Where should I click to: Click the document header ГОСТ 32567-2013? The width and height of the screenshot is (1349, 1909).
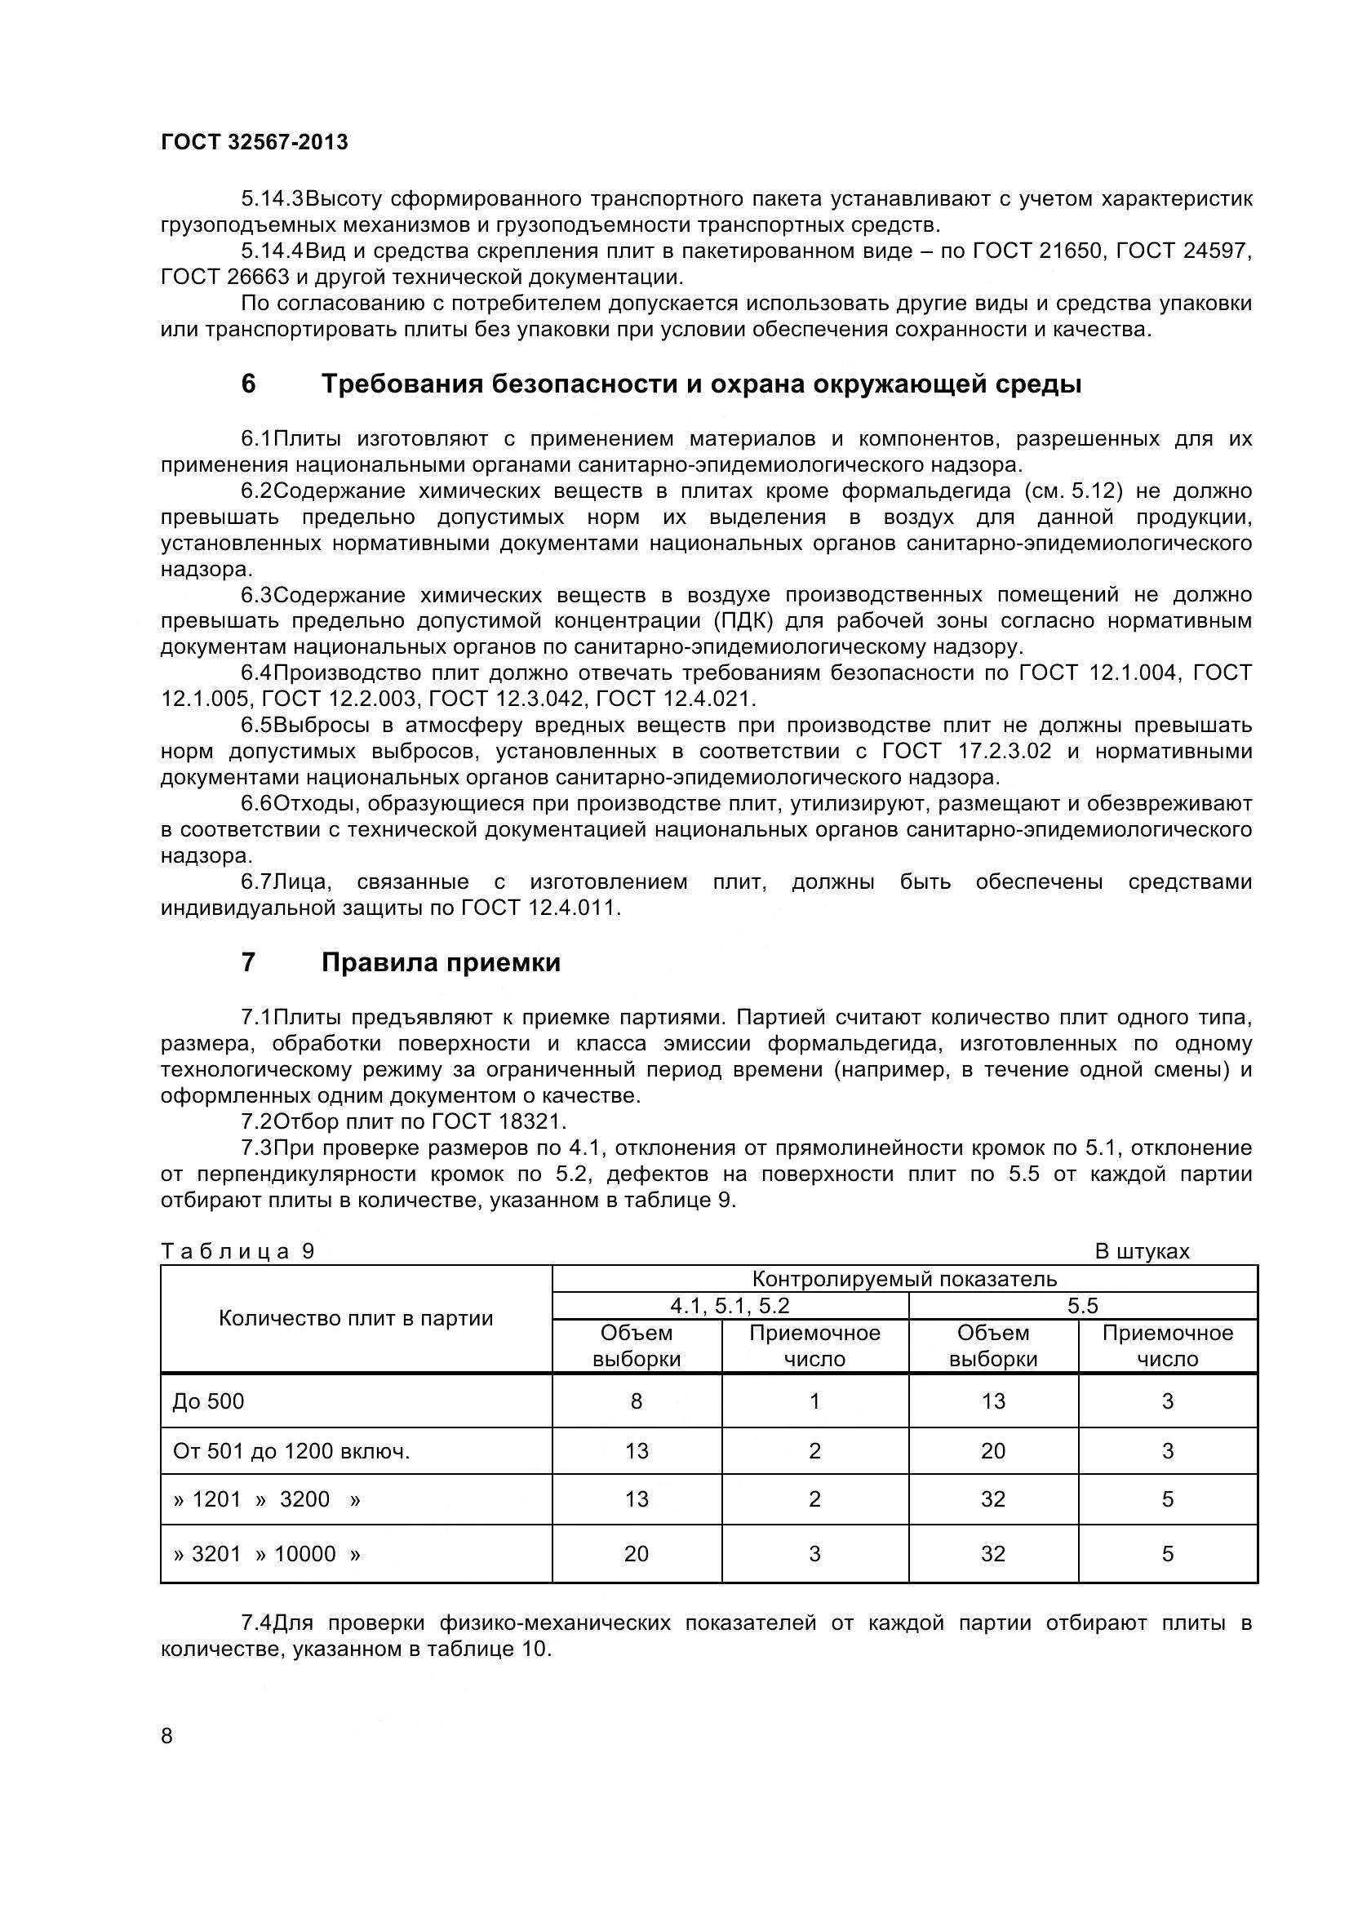[255, 142]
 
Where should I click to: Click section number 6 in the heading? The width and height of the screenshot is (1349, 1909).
[248, 384]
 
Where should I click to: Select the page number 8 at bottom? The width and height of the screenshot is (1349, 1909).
[167, 1735]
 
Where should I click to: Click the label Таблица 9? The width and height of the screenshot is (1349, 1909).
[237, 1251]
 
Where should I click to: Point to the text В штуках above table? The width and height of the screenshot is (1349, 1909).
[1142, 1251]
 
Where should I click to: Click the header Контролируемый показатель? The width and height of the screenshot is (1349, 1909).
[904, 1279]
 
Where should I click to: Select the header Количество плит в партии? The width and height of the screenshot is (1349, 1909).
[356, 1318]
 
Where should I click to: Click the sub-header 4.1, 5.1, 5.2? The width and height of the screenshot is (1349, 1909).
[730, 1305]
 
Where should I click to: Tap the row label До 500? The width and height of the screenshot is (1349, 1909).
[209, 1401]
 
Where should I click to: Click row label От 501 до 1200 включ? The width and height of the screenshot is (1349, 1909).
[291, 1451]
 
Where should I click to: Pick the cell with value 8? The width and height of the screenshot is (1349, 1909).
[637, 1401]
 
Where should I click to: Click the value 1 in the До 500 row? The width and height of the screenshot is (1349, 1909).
[814, 1401]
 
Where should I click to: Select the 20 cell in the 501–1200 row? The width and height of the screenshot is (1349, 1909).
[993, 1451]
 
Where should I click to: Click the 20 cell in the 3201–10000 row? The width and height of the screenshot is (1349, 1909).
[637, 1553]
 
